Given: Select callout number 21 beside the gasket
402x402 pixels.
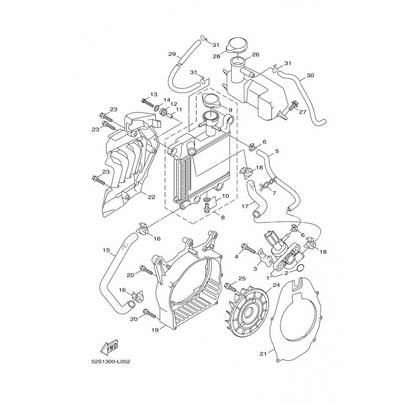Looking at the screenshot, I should pos(262,354).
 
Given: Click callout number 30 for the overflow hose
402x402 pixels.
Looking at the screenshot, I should pos(310,76).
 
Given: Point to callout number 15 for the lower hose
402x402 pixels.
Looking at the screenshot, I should pos(106,250).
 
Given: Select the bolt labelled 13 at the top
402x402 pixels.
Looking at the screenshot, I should pos(147,102).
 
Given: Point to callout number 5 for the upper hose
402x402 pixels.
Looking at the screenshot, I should pos(277,151).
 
